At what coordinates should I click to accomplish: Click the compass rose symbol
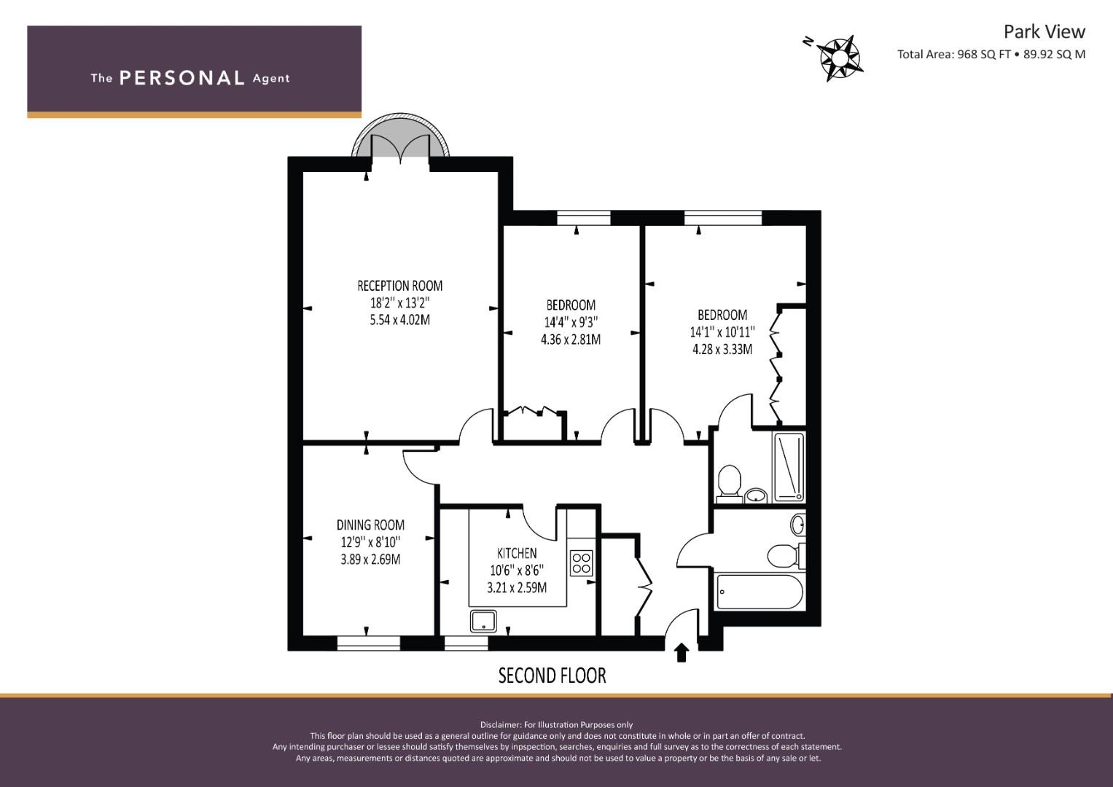click(x=839, y=58)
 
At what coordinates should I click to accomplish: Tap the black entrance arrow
click(x=682, y=653)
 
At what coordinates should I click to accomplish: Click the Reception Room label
click(x=400, y=286)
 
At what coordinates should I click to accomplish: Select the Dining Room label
click(x=371, y=525)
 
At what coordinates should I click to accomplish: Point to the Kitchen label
click(x=517, y=553)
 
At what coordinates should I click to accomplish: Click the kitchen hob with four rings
click(x=582, y=563)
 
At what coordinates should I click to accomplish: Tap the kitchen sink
click(x=483, y=621)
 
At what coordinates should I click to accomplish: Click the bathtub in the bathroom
click(x=759, y=592)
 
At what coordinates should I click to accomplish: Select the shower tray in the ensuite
click(x=789, y=468)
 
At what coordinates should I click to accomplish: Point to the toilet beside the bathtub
click(x=786, y=555)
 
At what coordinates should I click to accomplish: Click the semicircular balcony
click(x=400, y=135)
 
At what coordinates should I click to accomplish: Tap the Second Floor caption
click(x=552, y=676)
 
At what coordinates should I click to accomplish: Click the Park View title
click(x=1044, y=31)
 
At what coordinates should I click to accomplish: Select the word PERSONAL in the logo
click(x=182, y=78)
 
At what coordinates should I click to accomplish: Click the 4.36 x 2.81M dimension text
click(x=571, y=340)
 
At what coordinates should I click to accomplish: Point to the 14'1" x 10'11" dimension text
click(x=722, y=332)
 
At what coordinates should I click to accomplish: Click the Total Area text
click(x=991, y=54)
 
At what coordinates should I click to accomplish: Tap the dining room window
click(x=369, y=643)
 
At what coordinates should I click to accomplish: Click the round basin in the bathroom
click(x=798, y=525)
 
